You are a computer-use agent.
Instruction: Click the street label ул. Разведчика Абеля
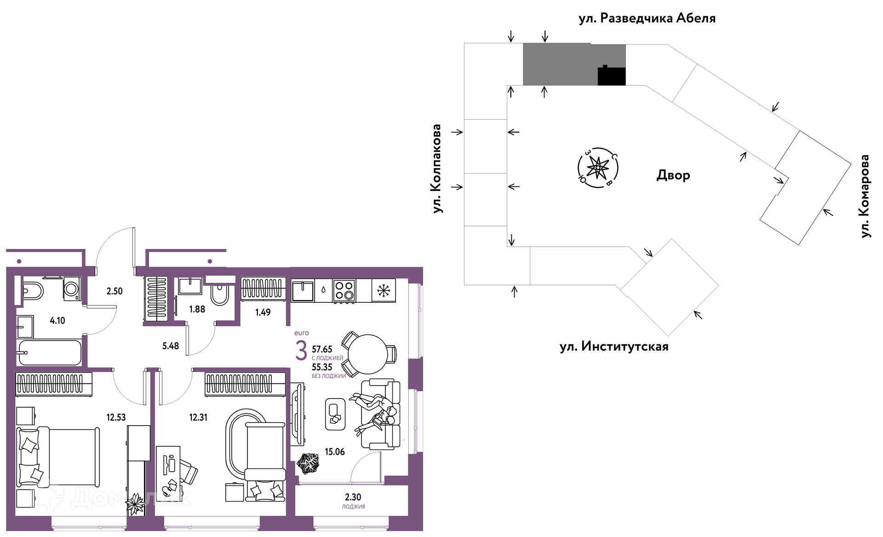(x=647, y=18)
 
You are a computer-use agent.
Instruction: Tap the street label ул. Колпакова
(x=436, y=168)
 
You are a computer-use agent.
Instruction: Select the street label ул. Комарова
(x=865, y=196)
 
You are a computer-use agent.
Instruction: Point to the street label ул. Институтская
(x=614, y=346)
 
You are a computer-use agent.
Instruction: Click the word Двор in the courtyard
(x=673, y=175)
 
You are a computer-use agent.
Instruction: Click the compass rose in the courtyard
(x=598, y=167)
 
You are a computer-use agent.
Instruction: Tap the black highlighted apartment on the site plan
(x=612, y=76)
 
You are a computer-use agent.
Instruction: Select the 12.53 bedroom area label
(x=116, y=417)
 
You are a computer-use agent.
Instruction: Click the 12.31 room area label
(x=198, y=417)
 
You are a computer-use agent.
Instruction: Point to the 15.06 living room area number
(x=335, y=452)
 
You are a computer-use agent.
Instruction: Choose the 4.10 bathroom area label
(x=57, y=321)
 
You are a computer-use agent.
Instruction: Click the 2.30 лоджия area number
(x=353, y=497)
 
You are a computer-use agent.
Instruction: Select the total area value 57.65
(x=322, y=350)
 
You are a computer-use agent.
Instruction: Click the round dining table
(x=368, y=354)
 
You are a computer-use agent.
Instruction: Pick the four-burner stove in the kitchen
(x=344, y=290)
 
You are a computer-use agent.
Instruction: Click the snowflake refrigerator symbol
(x=384, y=290)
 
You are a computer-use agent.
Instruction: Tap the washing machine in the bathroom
(x=72, y=289)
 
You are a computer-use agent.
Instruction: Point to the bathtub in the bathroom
(x=49, y=353)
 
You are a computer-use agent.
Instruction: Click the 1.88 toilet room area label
(x=197, y=309)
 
